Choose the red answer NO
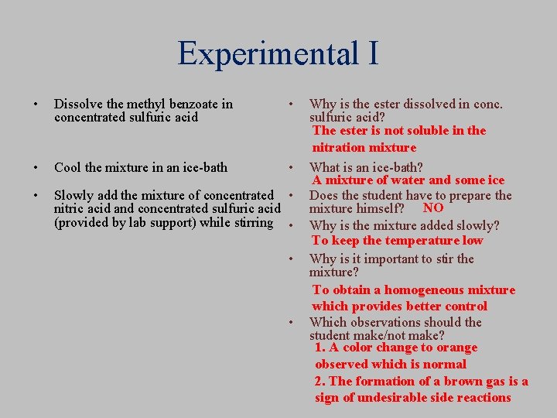[433, 207]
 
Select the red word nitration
[338, 147]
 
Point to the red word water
[405, 180]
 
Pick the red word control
[465, 306]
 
